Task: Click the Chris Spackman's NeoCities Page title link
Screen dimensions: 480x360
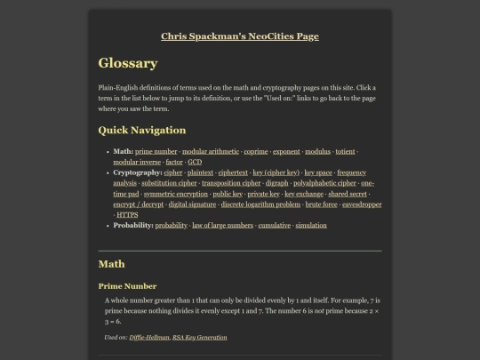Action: tap(240, 36)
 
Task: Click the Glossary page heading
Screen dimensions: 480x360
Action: tap(128, 63)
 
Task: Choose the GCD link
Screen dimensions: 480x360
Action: tap(195, 162)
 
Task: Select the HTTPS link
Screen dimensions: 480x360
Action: tap(127, 214)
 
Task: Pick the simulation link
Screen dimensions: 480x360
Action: tap(311, 226)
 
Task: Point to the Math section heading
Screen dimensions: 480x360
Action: tap(111, 264)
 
